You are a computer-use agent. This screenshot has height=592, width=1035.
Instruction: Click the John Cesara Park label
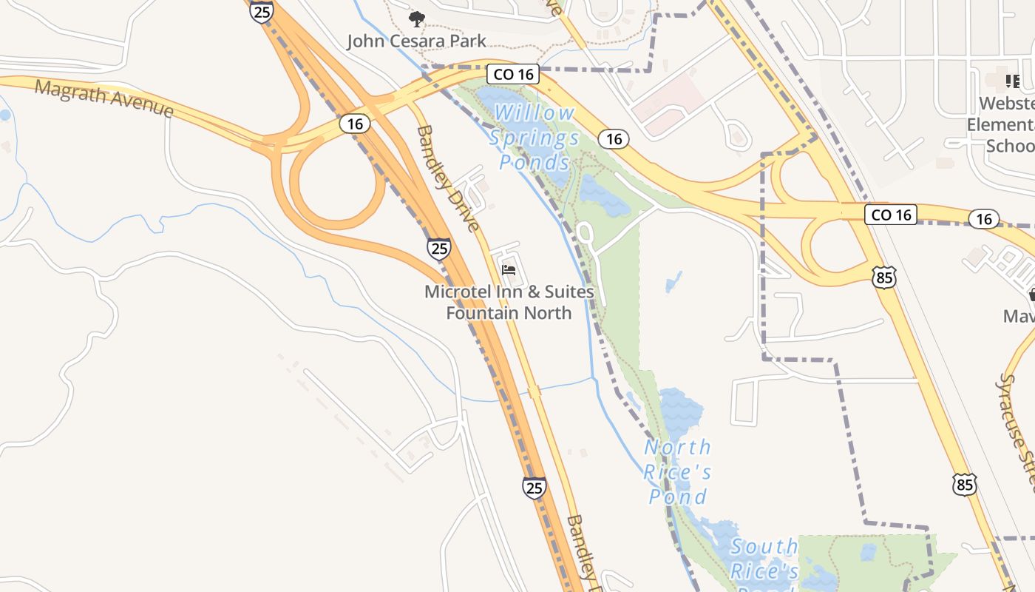417,40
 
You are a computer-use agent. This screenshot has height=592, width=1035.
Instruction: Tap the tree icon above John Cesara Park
417,18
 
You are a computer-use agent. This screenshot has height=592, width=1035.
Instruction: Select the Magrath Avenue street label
104,99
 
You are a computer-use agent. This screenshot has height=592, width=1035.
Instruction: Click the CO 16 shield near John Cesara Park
513,74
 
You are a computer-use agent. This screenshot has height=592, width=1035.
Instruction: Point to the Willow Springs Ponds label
534,138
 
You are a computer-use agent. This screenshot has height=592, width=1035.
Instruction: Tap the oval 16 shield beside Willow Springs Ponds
614,138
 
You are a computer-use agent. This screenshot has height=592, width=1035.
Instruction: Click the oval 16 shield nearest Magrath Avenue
355,124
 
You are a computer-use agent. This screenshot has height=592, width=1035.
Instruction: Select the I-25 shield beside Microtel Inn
439,248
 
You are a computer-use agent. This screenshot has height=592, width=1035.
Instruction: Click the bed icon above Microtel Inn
509,269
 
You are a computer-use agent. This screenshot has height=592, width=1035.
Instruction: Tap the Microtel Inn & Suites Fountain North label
509,302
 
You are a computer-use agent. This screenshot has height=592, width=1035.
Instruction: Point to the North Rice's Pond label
677,471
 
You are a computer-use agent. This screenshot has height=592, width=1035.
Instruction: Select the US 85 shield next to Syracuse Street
964,484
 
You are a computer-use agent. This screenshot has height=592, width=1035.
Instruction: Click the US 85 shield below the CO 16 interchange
884,277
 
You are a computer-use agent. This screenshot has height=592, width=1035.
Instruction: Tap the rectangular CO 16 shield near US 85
891,215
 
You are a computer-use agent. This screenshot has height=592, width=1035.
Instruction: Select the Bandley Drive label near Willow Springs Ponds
448,178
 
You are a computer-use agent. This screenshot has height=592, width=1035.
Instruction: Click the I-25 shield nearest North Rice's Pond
534,487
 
